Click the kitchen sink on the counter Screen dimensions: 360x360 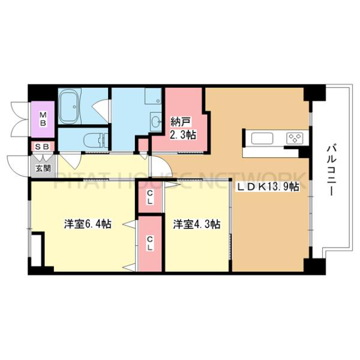[262, 139]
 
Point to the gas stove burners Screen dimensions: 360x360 [295, 139]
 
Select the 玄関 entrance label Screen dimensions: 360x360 [43, 169]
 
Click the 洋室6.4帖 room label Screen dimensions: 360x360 [88, 224]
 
